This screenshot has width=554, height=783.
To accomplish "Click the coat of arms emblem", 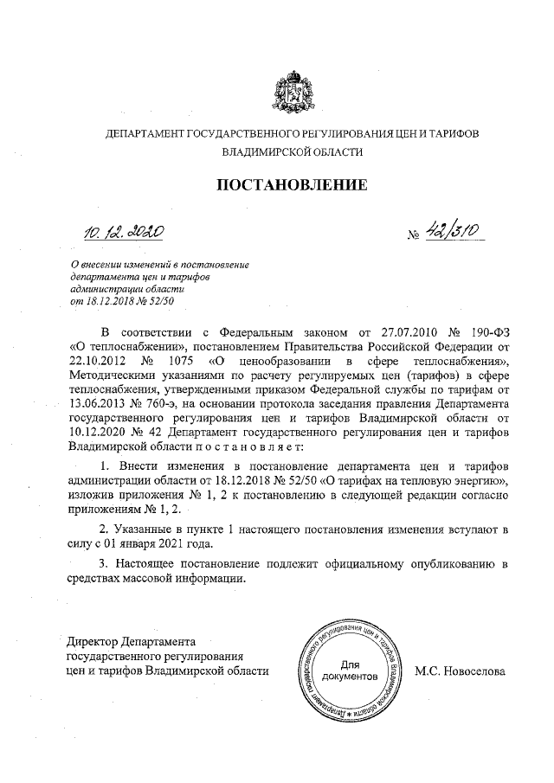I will (292, 93).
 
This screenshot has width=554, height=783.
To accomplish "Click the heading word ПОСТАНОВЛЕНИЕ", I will (292, 184).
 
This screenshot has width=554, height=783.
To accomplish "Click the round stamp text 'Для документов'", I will (350, 669).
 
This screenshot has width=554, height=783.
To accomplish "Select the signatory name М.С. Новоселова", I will (459, 671).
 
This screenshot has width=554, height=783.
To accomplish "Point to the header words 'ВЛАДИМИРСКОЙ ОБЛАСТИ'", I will (292, 151).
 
